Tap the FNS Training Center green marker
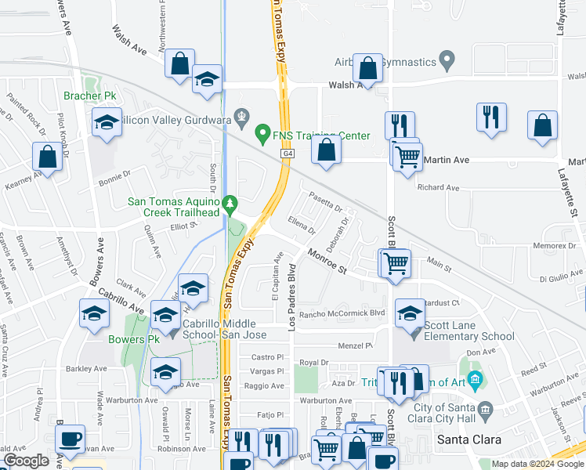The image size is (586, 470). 263,135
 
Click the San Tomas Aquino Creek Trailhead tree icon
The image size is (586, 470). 230,205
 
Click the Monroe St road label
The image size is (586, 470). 327,261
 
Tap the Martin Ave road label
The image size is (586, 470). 446,160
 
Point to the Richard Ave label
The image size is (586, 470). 438,187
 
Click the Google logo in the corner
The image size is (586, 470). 26,461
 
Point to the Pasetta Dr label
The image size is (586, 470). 326,202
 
